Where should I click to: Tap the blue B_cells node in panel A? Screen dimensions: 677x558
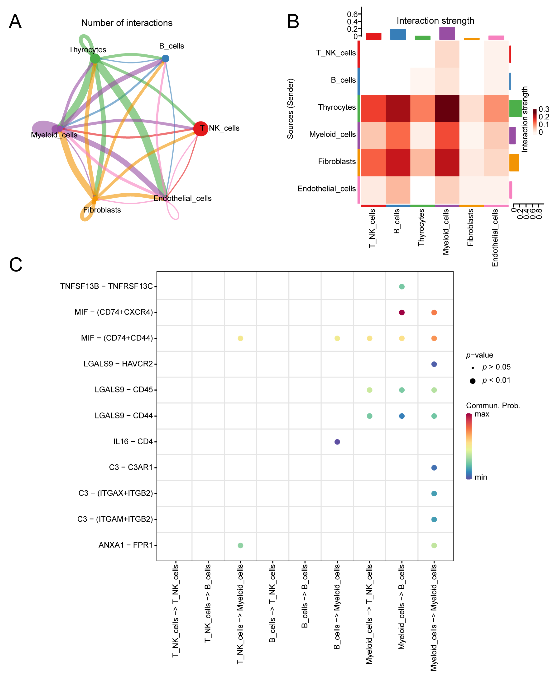coord(165,58)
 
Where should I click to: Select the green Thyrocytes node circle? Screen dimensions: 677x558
coord(95,59)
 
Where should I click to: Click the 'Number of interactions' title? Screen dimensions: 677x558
coord(127,23)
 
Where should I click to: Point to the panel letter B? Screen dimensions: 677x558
coord(293,22)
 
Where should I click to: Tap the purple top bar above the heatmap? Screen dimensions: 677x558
coord(447,33)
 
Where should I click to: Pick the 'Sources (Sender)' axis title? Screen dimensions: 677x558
coord(290,108)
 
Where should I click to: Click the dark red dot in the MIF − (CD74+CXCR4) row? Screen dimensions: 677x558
coord(402,312)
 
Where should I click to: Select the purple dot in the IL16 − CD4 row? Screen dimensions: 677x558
coord(337,442)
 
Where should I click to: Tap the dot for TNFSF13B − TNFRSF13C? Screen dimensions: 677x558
coord(402,287)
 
